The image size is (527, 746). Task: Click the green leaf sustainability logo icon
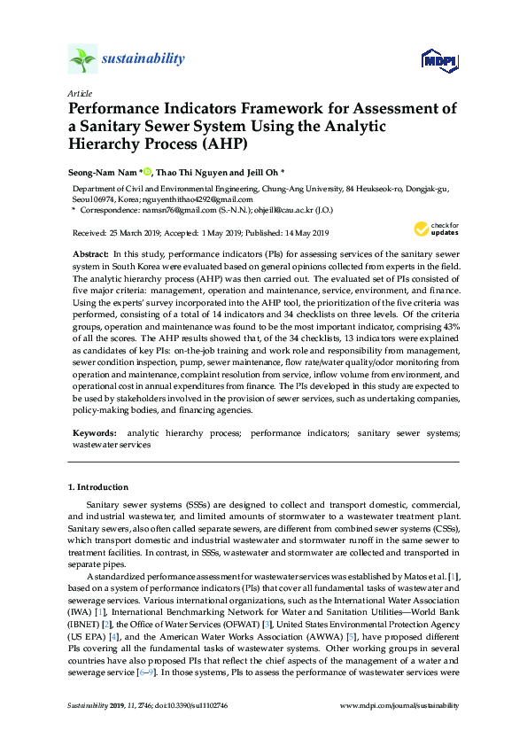(82, 60)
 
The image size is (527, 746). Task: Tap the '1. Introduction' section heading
(98, 487)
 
